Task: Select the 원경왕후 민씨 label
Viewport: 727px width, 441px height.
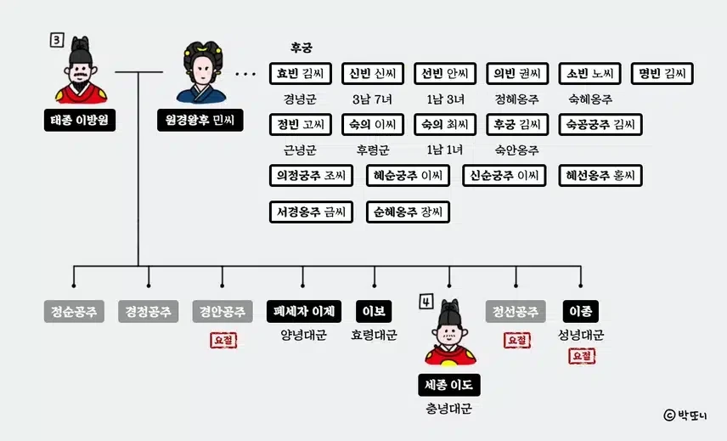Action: coord(199,120)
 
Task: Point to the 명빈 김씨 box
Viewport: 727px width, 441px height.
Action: coord(662,74)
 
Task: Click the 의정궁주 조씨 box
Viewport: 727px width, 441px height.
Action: coord(311,176)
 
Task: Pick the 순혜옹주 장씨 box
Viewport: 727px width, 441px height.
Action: coord(407,212)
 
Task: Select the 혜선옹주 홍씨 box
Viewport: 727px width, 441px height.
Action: coord(600,176)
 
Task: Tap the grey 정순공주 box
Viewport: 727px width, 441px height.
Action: coord(74,312)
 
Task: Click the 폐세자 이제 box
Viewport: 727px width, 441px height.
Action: coord(303,312)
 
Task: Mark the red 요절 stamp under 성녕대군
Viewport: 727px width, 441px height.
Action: coord(582,356)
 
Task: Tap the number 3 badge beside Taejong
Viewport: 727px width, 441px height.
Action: coord(56,39)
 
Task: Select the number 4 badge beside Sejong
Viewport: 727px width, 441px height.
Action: coord(425,301)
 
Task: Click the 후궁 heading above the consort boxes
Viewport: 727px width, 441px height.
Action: coord(301,48)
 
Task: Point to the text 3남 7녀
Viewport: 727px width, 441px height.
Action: coord(371,99)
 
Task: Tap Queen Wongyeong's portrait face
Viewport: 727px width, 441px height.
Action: coord(200,71)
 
